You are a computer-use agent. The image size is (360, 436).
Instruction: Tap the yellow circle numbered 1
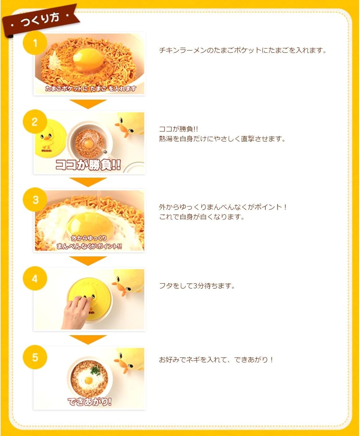[x=35, y=43]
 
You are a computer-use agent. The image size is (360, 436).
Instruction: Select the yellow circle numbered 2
[x=35, y=121]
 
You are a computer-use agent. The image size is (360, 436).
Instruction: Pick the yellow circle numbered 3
[x=35, y=200]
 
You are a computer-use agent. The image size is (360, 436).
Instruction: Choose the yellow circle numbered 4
[x=35, y=278]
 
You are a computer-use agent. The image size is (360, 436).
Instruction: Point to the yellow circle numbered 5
[x=35, y=357]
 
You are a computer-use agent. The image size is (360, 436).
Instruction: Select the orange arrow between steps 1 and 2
[x=88, y=104]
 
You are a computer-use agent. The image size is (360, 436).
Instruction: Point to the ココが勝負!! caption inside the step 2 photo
[x=88, y=165]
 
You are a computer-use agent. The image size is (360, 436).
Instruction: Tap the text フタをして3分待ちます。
[x=197, y=286]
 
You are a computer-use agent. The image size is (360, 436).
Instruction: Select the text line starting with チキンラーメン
[x=243, y=50]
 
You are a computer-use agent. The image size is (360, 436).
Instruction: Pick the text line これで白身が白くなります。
[x=202, y=217]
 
